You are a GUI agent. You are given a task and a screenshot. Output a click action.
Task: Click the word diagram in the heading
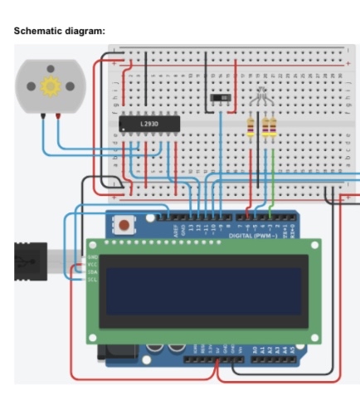pos(85,31)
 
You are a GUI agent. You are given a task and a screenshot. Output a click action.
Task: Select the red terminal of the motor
pos(57,117)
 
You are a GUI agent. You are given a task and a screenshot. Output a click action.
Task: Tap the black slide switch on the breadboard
pos(221,99)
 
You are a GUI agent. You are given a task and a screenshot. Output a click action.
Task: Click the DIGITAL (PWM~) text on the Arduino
pos(254,236)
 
